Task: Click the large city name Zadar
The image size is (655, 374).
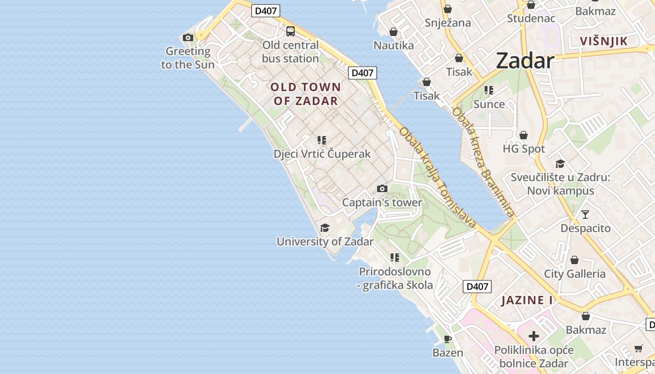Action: pos(524,61)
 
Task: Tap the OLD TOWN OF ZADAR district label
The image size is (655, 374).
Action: pos(306,94)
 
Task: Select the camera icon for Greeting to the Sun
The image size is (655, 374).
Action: pos(188,37)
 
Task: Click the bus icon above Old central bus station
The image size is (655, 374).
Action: pos(291,31)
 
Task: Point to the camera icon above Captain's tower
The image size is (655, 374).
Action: pos(382,188)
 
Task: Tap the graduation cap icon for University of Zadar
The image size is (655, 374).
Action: pos(325,228)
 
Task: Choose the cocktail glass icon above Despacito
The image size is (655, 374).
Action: pos(585,215)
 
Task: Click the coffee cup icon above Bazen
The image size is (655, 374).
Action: pos(448,339)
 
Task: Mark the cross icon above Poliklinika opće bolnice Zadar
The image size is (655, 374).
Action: pos(534,336)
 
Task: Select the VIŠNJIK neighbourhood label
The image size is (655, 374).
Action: pos(604,41)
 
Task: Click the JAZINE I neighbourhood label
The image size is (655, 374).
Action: pos(527,300)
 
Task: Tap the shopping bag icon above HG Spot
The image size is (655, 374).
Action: pos(524,135)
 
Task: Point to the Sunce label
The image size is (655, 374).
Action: pos(489,104)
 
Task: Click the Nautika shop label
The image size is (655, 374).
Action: pos(393,45)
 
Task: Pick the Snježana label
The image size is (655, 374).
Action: pos(448,22)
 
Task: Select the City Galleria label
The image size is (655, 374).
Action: pos(575,274)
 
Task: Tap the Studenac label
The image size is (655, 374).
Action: pos(531,19)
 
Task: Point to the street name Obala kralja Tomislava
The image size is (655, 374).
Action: pos(437,178)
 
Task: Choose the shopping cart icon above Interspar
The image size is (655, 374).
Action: pos(638,348)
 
